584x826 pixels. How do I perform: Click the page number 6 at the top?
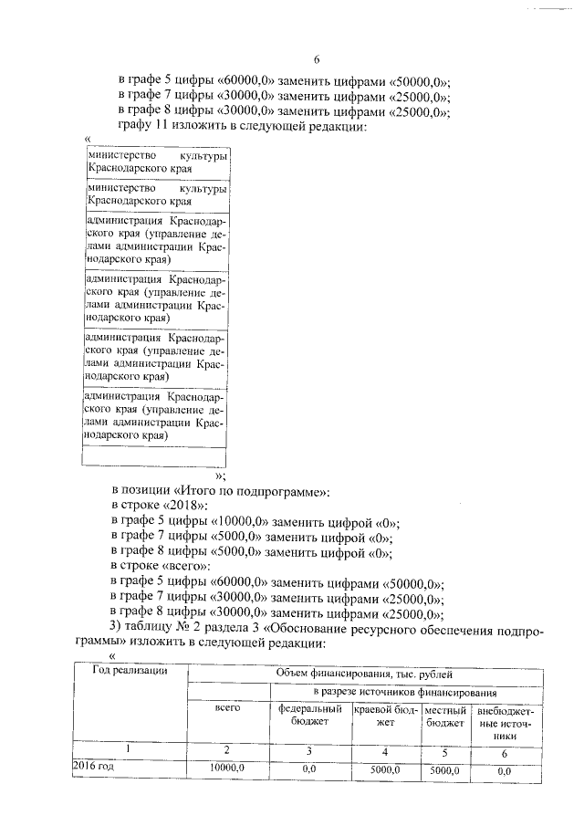click(317, 59)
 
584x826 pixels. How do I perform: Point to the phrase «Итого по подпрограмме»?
click(247, 492)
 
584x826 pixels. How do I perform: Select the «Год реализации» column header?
click(130, 672)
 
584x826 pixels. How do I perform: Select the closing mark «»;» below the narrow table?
click(219, 476)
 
